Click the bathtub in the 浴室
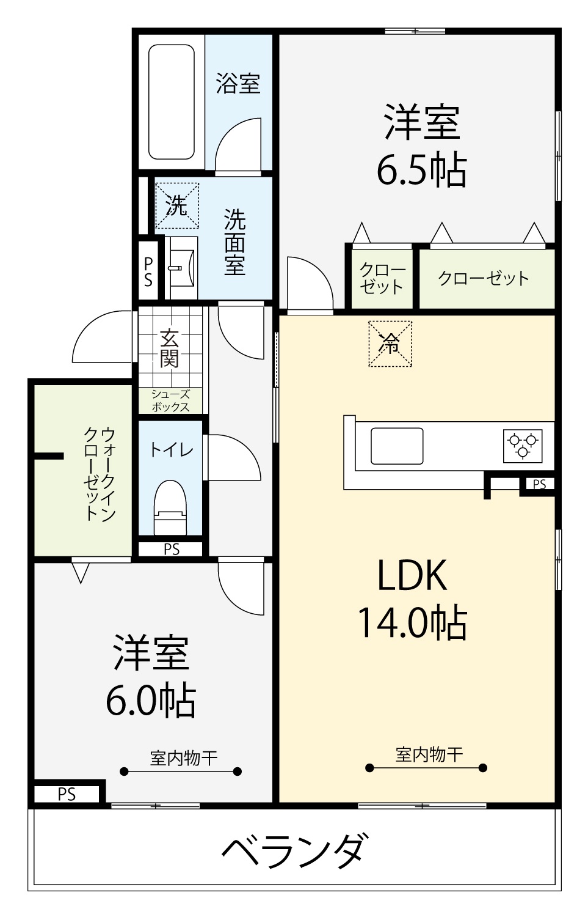(x=172, y=101)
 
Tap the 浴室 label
(x=238, y=83)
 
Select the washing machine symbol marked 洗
(x=177, y=205)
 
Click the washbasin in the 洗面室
(x=183, y=268)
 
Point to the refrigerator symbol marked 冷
(x=390, y=344)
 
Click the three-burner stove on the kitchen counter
(x=523, y=446)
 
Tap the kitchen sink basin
(x=397, y=446)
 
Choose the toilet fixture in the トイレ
(x=170, y=507)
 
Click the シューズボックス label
(x=170, y=400)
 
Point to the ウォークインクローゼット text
(x=100, y=474)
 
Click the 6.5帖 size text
(x=421, y=169)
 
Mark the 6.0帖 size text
(x=151, y=699)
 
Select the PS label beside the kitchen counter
(x=540, y=484)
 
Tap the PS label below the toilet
(x=172, y=550)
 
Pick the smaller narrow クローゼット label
(x=382, y=278)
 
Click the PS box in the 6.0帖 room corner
(x=67, y=795)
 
